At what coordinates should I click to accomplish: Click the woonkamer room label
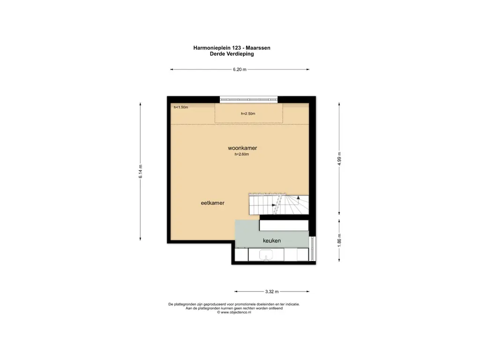tap(242, 148)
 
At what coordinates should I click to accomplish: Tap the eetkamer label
tap(212, 203)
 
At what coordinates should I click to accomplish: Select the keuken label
tap(272, 240)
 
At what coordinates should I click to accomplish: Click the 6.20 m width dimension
tap(240, 69)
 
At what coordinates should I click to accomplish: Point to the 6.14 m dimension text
tap(140, 172)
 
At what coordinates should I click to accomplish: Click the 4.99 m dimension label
tap(339, 158)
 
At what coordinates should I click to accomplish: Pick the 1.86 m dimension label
tap(339, 240)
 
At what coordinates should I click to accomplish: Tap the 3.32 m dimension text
tap(272, 292)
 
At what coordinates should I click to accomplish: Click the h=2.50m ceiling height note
tap(248, 113)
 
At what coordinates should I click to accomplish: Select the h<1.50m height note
tap(181, 107)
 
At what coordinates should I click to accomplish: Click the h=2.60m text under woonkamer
tap(242, 154)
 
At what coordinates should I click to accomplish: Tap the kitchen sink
tap(266, 255)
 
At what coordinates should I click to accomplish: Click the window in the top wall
tap(248, 99)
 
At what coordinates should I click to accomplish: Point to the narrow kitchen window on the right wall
tap(313, 248)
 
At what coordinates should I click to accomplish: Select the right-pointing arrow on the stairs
tap(274, 205)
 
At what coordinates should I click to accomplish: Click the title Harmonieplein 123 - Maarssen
tap(232, 48)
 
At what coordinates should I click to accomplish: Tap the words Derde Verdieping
tap(232, 54)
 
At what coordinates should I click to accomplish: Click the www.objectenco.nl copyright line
tap(234, 313)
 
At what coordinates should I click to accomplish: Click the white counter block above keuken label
tap(284, 225)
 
